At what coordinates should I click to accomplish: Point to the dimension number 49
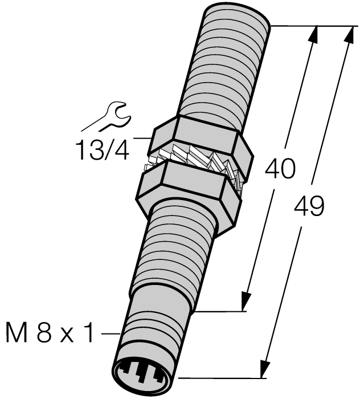click(x=308, y=206)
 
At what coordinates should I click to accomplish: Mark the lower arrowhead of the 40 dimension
click(x=246, y=300)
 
